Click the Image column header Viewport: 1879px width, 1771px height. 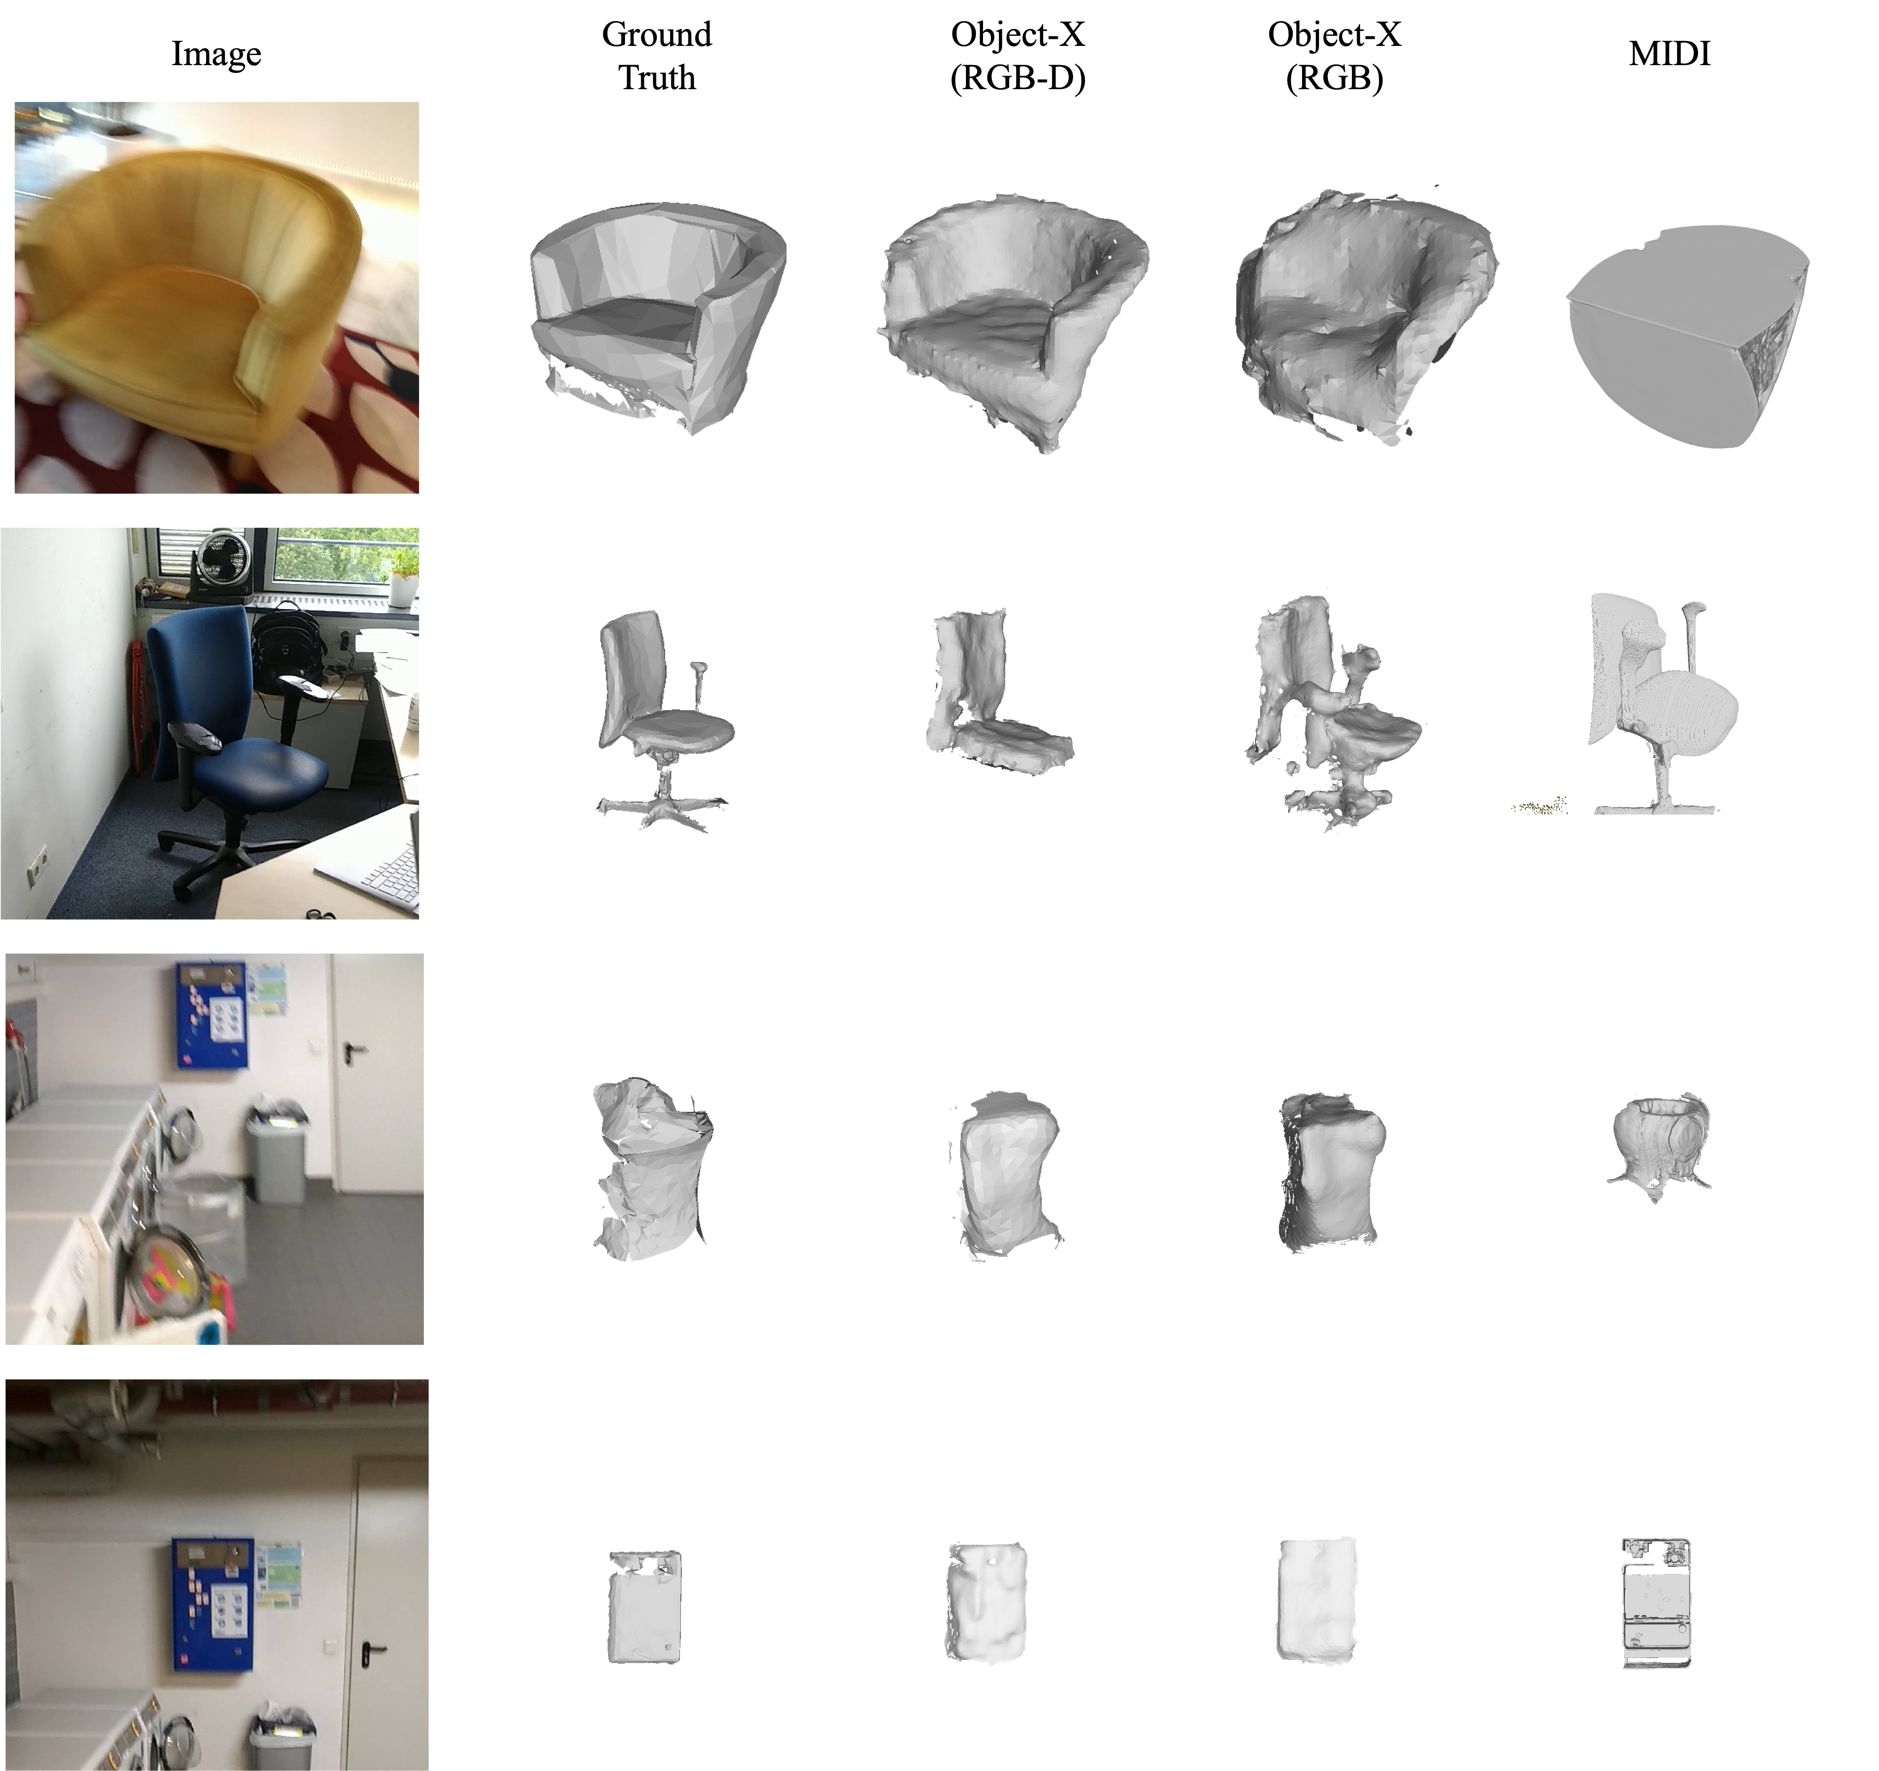pos(216,54)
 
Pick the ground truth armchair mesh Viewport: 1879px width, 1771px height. pos(657,317)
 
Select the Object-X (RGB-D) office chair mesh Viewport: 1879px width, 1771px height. pos(993,690)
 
